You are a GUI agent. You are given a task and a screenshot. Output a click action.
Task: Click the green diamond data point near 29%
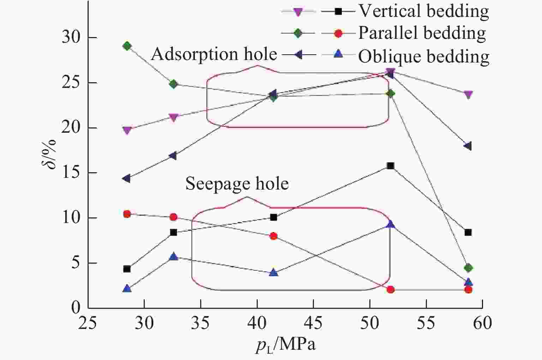(x=127, y=46)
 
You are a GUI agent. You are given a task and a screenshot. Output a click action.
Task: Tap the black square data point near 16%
(x=390, y=166)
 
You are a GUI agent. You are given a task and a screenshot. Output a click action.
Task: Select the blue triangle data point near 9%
(x=390, y=224)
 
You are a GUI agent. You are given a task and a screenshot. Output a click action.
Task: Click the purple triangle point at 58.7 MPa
(x=468, y=95)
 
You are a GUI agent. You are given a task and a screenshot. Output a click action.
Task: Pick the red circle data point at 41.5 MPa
(x=273, y=236)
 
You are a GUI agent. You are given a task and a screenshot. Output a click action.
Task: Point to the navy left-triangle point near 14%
(x=126, y=178)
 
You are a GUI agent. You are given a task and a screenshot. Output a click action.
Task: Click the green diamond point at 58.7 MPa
(x=468, y=268)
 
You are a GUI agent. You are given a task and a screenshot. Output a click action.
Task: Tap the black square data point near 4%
(x=127, y=269)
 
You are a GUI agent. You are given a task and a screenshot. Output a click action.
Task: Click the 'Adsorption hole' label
(x=214, y=54)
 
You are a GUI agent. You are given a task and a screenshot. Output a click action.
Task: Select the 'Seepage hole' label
(x=237, y=184)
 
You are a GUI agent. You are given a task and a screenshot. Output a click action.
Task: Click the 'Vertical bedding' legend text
(x=424, y=11)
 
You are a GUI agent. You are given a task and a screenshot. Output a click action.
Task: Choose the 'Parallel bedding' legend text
(x=422, y=33)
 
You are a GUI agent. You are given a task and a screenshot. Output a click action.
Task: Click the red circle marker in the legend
(x=338, y=34)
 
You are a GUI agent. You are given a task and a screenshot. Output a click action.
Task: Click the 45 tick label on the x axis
(x=313, y=323)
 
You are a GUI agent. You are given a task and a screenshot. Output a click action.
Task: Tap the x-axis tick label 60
(x=482, y=323)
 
